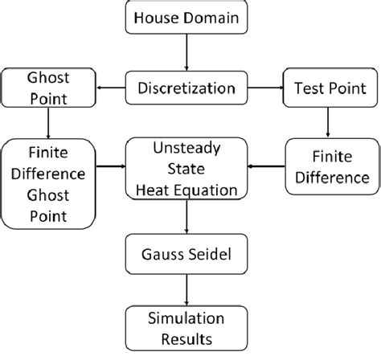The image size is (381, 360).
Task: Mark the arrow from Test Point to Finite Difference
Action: tap(328, 121)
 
